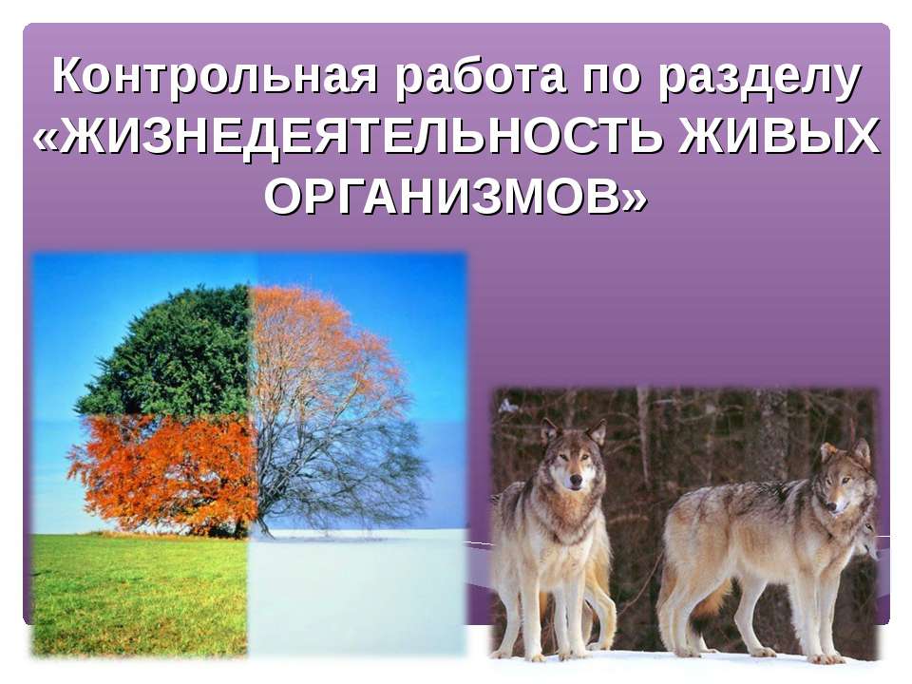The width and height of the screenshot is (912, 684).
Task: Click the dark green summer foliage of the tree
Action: (x=171, y=351)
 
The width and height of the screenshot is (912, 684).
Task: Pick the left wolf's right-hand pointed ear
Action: (x=596, y=433)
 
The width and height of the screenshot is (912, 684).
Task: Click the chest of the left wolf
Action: (x=560, y=532)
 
